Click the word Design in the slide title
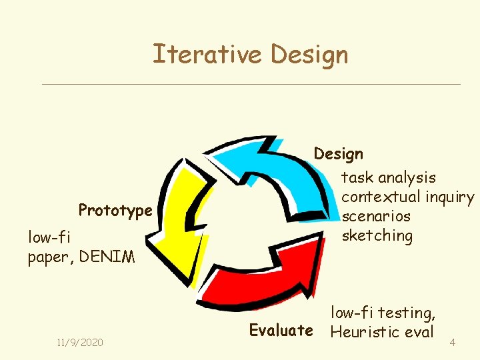(309, 55)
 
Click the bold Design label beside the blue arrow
(339, 154)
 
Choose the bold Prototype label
(115, 211)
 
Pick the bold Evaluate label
(281, 330)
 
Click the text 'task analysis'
(389, 177)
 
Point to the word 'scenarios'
(376, 216)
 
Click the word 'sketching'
(377, 235)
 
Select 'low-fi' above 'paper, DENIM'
(49, 237)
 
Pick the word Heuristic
(365, 331)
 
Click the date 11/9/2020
(80, 342)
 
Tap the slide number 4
(453, 343)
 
